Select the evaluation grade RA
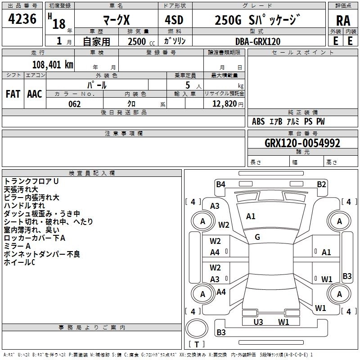(x=343, y=21)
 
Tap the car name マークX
(x=116, y=20)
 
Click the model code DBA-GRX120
(x=257, y=41)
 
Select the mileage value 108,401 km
(x=53, y=64)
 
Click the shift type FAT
(x=13, y=94)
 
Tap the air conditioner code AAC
(x=34, y=94)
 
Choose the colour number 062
(x=75, y=104)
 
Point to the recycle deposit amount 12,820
(x=223, y=104)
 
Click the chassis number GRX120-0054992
(x=302, y=143)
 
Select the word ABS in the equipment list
(x=258, y=121)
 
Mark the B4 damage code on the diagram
(x=220, y=184)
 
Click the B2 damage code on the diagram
(x=321, y=184)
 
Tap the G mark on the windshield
(x=257, y=237)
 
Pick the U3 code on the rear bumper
(x=258, y=322)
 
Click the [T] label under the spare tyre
(x=197, y=344)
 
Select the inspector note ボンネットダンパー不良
(x=42, y=254)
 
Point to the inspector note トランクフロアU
(x=31, y=181)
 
